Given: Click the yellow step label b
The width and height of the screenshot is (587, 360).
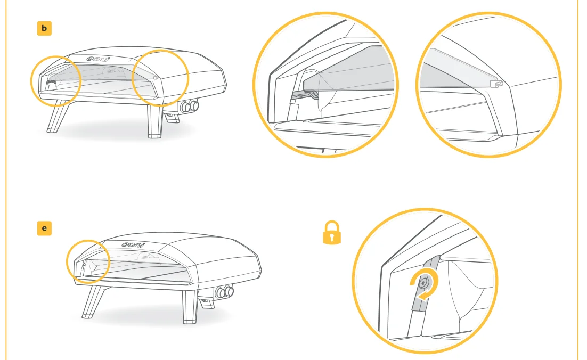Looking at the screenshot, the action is (x=44, y=28).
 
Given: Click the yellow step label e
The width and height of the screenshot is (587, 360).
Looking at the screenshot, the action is (x=44, y=228).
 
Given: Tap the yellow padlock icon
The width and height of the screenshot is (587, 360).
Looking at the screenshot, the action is (x=332, y=233).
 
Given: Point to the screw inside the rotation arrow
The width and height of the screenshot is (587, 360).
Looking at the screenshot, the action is (x=423, y=283).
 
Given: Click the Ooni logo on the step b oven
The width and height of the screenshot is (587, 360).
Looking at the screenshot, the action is (x=98, y=59).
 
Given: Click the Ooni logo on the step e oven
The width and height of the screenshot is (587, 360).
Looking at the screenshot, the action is (x=133, y=245).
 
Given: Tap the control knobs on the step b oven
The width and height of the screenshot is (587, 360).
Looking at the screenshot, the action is (x=190, y=107).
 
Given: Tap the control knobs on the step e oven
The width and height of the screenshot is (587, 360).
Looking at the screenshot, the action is (x=224, y=291).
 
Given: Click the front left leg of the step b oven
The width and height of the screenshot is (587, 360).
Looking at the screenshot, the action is (x=58, y=117).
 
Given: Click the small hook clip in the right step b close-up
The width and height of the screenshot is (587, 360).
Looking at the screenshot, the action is (x=496, y=84).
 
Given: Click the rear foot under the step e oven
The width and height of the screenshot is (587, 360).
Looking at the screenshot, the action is (x=206, y=303).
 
